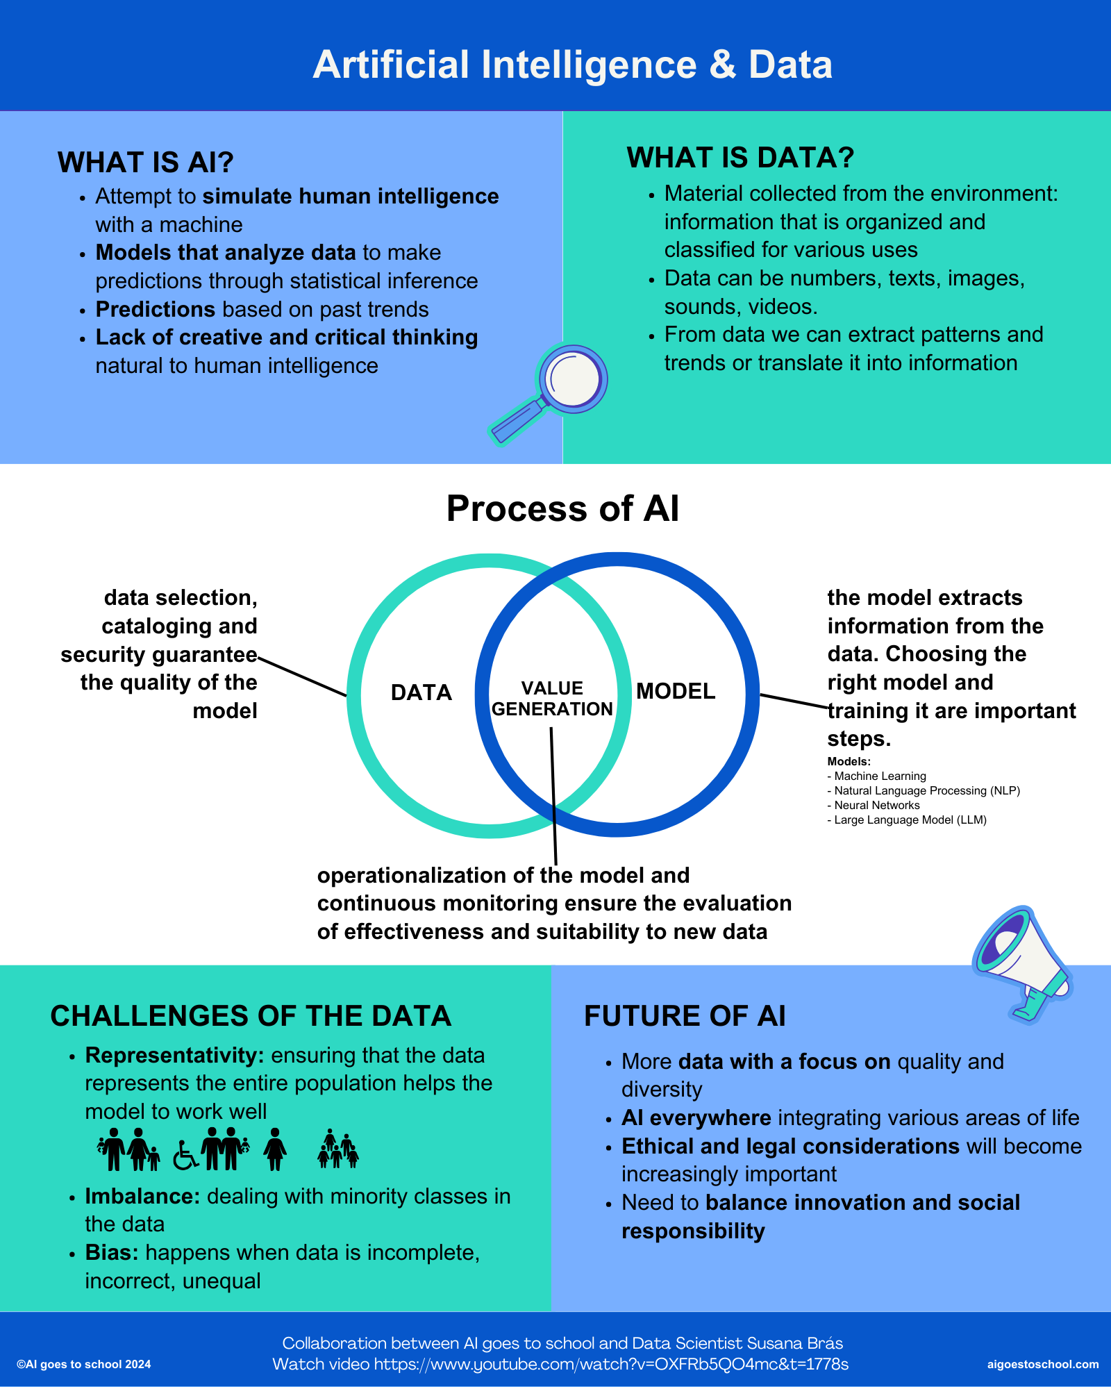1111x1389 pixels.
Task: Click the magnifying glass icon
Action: click(548, 393)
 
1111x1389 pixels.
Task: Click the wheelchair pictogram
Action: click(185, 1156)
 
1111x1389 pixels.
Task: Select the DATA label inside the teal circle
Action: click(421, 692)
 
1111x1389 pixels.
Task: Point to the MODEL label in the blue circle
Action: click(676, 691)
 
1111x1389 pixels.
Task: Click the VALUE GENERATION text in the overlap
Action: click(552, 699)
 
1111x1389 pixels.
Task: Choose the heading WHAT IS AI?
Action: click(145, 163)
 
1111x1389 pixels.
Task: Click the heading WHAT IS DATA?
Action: click(740, 158)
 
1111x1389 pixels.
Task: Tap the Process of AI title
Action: click(562, 508)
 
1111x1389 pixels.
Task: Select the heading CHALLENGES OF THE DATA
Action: click(251, 1016)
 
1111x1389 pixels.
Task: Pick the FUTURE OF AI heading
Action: click(685, 1016)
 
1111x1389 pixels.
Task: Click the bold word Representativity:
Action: click(174, 1055)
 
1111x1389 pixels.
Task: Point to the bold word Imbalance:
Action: click(142, 1196)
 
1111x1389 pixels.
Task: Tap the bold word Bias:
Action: click(112, 1252)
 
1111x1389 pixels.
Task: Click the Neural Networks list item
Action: click(874, 805)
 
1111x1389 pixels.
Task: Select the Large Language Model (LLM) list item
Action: click(907, 820)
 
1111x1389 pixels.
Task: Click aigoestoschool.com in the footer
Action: click(1043, 1364)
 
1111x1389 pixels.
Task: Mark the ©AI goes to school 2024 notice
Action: click(83, 1364)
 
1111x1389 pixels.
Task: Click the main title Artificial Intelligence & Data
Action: click(573, 65)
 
